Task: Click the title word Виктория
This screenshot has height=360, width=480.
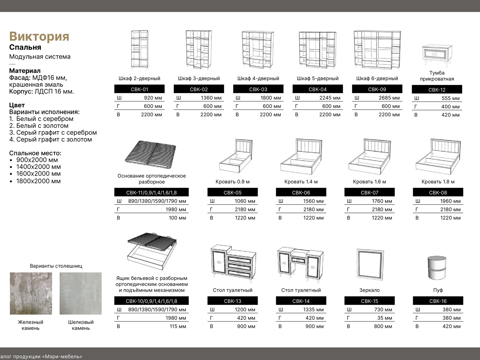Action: (39, 36)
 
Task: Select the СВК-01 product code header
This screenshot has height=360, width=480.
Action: (139, 89)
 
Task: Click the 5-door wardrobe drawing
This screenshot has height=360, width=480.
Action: (317, 50)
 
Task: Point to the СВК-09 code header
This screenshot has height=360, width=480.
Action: (377, 89)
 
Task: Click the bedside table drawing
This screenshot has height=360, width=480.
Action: (437, 56)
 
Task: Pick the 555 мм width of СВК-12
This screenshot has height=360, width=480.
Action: (450, 98)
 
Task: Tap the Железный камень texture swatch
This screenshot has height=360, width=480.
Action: (31, 293)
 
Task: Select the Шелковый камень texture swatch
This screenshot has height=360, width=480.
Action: (81, 293)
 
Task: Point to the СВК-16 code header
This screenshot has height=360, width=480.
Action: (438, 301)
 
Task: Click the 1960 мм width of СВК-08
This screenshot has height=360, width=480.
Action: (450, 201)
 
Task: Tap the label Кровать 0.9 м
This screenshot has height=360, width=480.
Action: (232, 182)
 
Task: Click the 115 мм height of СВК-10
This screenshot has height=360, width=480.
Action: (178, 326)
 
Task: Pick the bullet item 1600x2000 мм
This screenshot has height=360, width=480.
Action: (38, 174)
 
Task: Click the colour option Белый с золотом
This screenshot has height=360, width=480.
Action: (42, 126)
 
